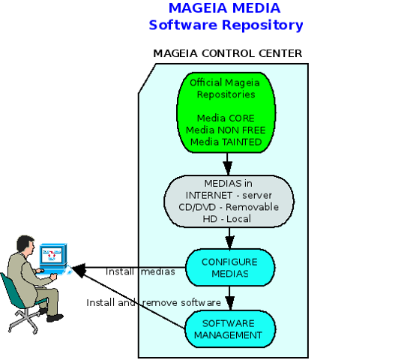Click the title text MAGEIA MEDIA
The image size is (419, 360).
pos(224,8)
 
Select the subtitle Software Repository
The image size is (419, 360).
pos(226,25)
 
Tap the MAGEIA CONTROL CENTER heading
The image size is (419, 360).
pos(228,53)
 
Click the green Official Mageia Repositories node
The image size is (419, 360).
pos(226,112)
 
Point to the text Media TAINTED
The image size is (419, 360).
pos(226,142)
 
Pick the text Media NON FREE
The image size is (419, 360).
pos(226,130)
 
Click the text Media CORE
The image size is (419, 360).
pos(226,118)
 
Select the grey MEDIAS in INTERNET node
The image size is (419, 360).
pos(229,202)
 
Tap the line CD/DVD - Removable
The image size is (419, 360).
pos(229,207)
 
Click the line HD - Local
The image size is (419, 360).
pos(227,219)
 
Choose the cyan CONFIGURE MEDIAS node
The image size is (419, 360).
pos(230,268)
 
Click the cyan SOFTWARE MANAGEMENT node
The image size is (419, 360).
pos(230,329)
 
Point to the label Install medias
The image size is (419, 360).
pos(141,271)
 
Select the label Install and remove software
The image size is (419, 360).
pos(154,303)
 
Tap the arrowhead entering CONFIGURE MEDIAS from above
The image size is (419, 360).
pos(229,242)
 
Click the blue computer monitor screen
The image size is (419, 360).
pos(51,255)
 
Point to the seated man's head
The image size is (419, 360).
pos(25,244)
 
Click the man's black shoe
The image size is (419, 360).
pos(55,318)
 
